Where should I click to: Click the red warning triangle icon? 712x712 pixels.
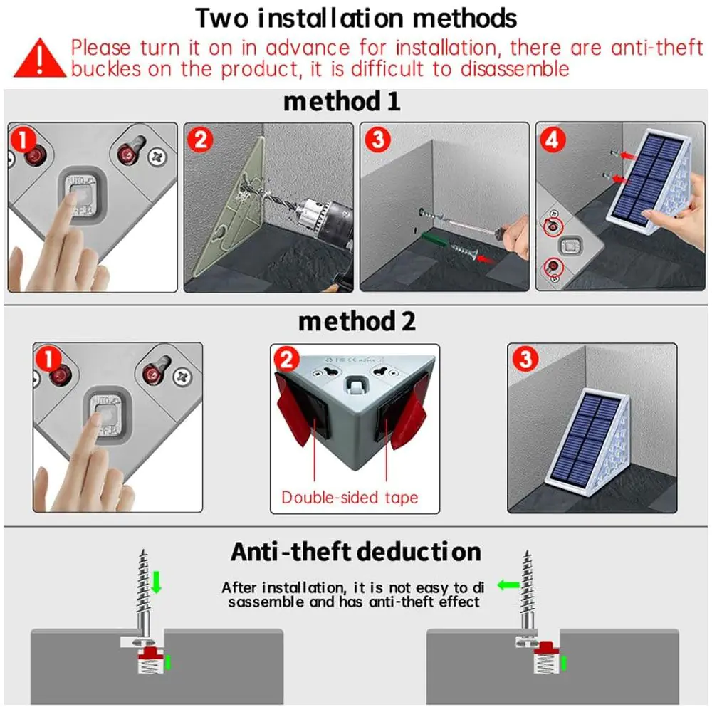click(x=39, y=58)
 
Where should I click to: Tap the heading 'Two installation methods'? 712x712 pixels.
click(x=356, y=19)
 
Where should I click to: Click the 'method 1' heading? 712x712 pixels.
click(x=342, y=101)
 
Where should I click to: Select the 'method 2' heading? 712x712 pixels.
click(x=357, y=321)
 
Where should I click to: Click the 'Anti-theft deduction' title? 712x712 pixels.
click(x=355, y=552)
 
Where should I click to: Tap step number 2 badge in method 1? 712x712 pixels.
click(x=200, y=140)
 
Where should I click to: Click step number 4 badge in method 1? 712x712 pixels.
click(x=553, y=140)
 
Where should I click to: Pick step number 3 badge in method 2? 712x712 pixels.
click(x=525, y=359)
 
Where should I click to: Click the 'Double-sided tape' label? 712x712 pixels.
click(x=350, y=497)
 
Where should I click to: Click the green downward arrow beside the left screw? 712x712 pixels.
click(x=157, y=582)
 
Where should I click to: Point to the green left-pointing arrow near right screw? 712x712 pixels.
click(x=508, y=585)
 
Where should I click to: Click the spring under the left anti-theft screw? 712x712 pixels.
click(x=150, y=666)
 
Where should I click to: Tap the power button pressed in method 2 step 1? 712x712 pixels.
click(x=108, y=414)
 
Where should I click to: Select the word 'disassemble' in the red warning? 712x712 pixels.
click(x=515, y=70)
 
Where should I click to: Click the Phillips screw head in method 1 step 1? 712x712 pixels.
click(x=157, y=157)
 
